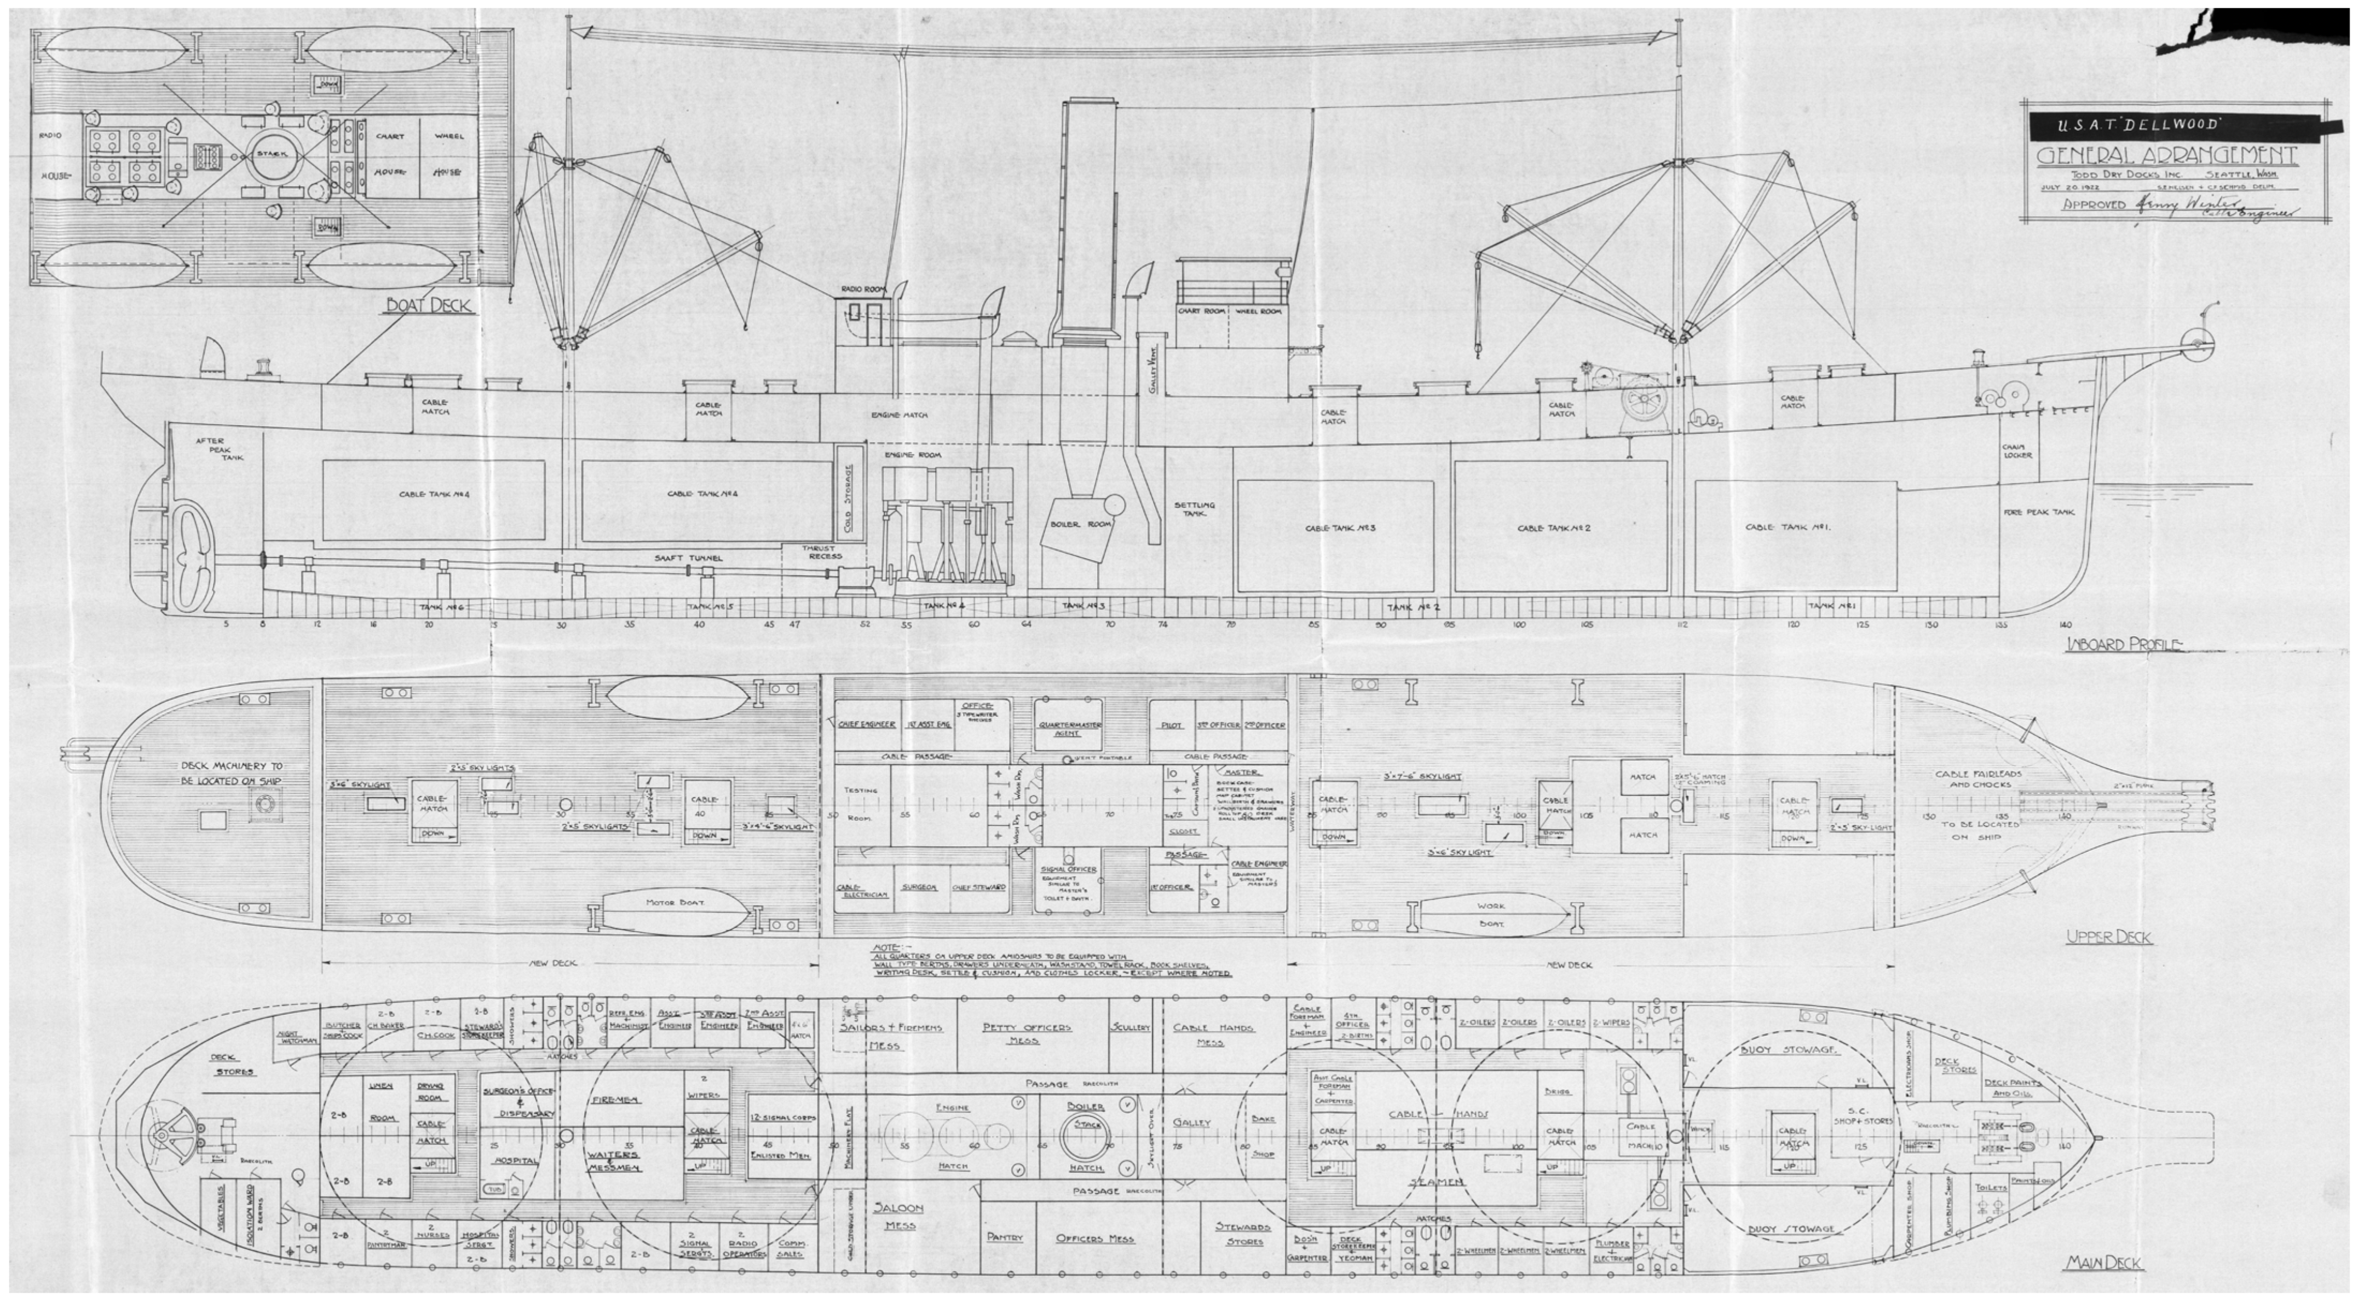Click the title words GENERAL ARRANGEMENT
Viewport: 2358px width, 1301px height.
(x=2166, y=155)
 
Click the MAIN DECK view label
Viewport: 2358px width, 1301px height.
(x=2103, y=1263)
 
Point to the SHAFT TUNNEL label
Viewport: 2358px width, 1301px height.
(x=688, y=557)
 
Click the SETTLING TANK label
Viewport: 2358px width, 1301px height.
(x=1195, y=509)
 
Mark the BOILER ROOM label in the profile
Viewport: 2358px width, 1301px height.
(x=1080, y=524)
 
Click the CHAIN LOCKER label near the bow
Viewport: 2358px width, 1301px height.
(x=2017, y=451)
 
